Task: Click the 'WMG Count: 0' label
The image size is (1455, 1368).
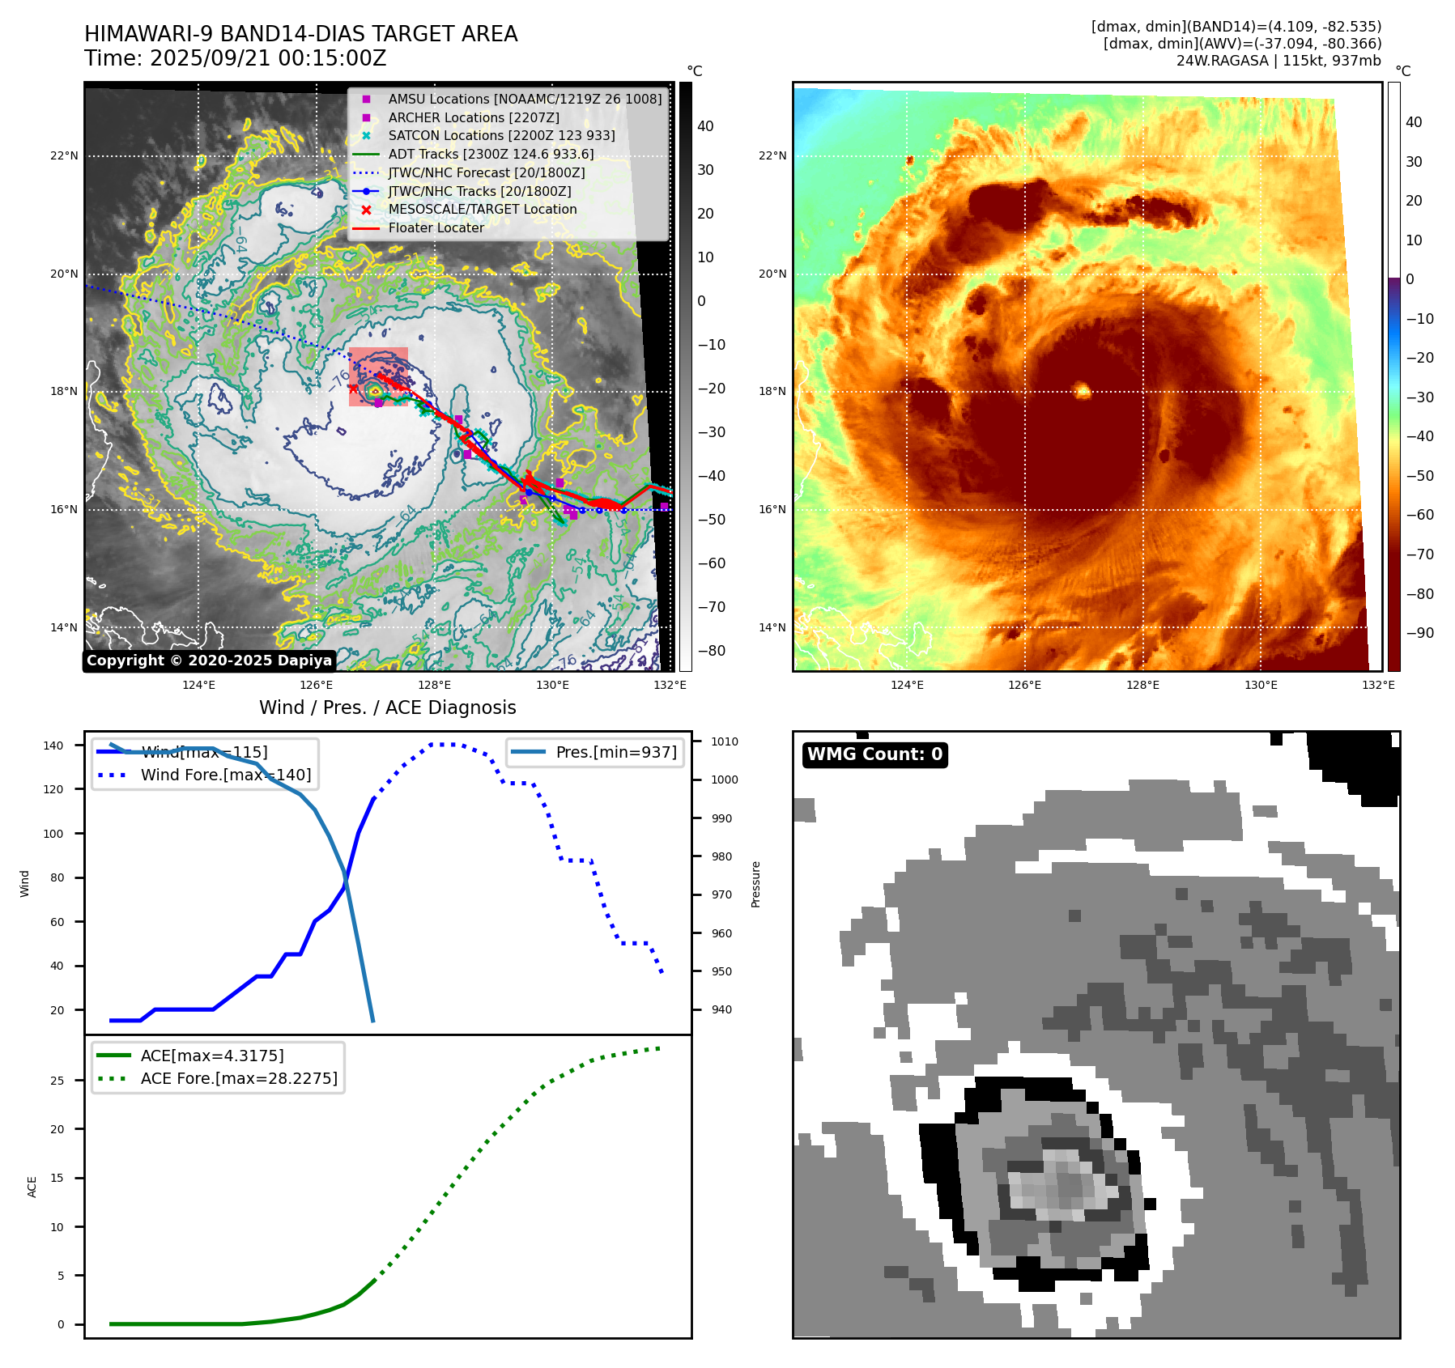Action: coord(874,754)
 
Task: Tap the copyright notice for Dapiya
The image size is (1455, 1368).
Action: coord(209,661)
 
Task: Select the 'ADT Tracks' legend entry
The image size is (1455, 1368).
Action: coord(491,154)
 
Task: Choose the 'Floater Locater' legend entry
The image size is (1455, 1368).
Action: coord(436,227)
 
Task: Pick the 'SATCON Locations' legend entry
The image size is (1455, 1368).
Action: coord(501,135)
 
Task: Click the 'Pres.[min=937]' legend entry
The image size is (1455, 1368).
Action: coord(616,752)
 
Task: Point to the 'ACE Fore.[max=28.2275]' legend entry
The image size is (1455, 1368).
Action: coord(239,1078)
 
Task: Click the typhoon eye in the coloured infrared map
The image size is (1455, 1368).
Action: coord(1083,392)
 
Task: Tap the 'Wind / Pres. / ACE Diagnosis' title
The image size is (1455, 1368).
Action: coord(387,707)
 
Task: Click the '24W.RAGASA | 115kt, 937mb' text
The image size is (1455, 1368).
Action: coord(1278,61)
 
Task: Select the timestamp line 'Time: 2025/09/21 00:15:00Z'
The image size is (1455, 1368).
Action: coord(236,58)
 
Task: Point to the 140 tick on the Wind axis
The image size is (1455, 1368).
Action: coord(53,746)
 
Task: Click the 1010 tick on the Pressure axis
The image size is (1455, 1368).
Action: coord(725,741)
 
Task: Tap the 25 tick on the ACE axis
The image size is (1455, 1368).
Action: coord(57,1081)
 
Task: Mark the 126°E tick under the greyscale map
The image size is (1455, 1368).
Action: coord(316,686)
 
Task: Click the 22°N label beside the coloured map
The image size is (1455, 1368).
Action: coord(772,155)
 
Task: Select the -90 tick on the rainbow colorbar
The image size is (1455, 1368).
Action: coord(1419,633)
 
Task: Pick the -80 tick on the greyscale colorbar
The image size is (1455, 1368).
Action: coord(712,651)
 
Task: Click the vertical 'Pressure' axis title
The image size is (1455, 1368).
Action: coord(755,884)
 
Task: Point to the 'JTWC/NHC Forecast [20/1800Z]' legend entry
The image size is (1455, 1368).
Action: coord(486,172)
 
